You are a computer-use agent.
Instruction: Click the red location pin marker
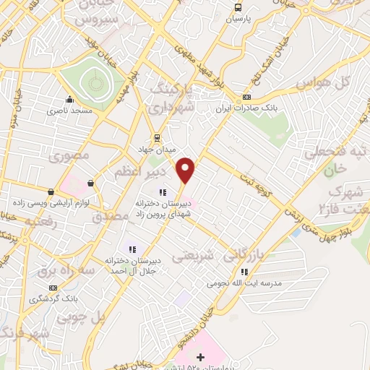(186, 168)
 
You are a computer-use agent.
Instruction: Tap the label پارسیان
(237, 19)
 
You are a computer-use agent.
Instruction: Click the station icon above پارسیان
(237, 7)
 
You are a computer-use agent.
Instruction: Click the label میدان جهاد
(157, 148)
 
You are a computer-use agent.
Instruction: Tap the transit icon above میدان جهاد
(157, 137)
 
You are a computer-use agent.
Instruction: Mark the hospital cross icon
(201, 357)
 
